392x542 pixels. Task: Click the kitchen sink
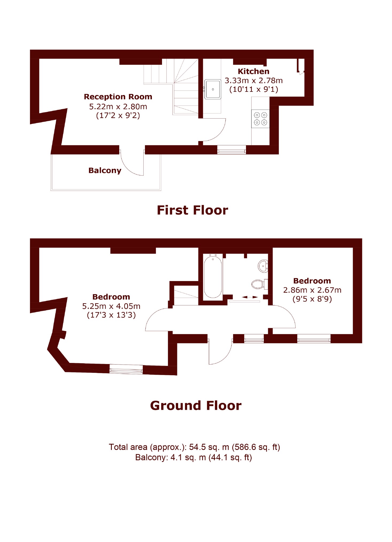click(213, 89)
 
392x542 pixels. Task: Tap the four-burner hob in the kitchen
click(260, 119)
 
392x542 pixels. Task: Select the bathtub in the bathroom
click(213, 277)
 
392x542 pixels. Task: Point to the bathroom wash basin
click(263, 266)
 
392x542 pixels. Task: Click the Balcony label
click(105, 170)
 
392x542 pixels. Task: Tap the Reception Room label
click(118, 97)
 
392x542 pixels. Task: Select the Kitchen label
click(253, 71)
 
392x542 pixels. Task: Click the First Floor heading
click(192, 210)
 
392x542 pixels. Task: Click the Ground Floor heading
click(196, 405)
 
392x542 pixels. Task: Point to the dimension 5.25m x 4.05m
click(111, 306)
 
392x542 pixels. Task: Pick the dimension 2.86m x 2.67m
click(312, 290)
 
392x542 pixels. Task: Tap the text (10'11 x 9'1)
click(253, 89)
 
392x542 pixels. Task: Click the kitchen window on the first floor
click(232, 150)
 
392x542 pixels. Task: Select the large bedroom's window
click(126, 369)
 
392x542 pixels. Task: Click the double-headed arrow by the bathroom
click(250, 297)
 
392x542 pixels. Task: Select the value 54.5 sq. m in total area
click(209, 447)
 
